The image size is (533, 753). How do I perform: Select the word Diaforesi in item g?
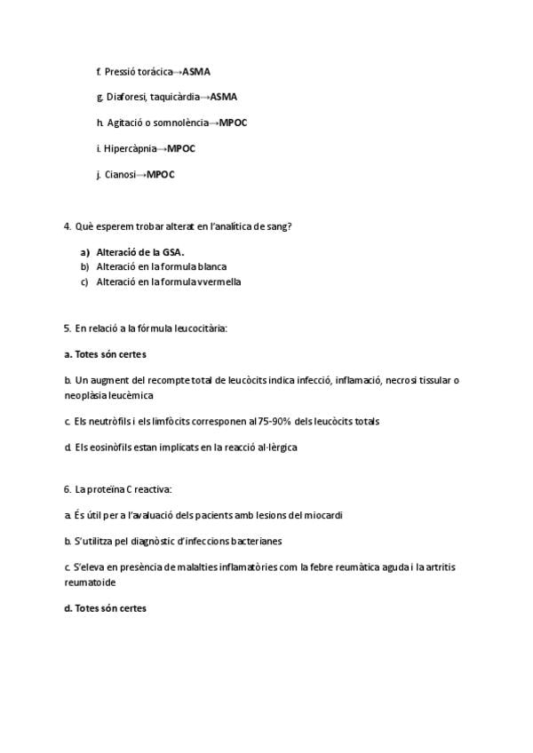[125, 97]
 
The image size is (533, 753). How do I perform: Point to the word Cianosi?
[122, 174]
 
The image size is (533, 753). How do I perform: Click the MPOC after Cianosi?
[161, 174]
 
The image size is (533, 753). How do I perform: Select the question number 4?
[68, 226]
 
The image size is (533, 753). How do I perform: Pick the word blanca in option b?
[212, 266]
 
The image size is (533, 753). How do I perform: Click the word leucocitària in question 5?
[201, 329]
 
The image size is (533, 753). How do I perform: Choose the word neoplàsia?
[84, 395]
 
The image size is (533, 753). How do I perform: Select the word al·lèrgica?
[271, 447]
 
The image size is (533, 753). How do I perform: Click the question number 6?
[68, 489]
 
